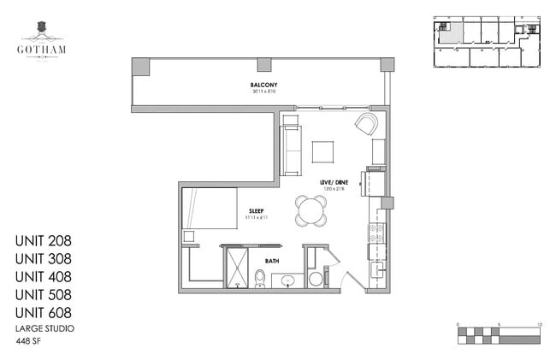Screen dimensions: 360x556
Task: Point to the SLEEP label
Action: coord(257,211)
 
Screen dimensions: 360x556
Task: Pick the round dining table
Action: coord(311,210)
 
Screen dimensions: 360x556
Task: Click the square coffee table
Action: coord(323,151)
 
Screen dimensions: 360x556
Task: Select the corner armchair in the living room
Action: coord(367,125)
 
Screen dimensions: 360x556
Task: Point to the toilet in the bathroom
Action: coord(260,278)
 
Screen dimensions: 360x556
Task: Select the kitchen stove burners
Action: coord(376,232)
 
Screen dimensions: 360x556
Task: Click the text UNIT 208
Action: coord(43,239)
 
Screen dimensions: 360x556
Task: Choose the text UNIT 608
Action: coord(43,313)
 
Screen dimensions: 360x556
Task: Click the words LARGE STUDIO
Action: coord(44,328)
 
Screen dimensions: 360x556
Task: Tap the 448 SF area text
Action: coord(29,341)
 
